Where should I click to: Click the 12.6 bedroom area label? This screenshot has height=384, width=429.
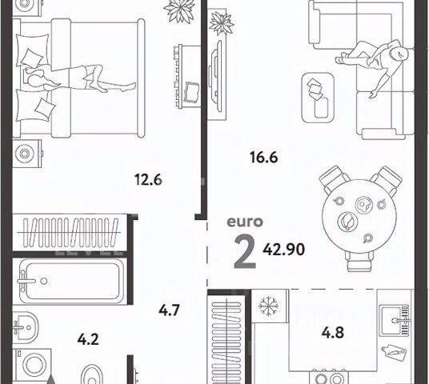coord(148,180)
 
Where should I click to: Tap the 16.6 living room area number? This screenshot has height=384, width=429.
coord(264,158)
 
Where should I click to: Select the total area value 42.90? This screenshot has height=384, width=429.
coord(283,250)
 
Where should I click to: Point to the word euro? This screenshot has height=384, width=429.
coord(245,222)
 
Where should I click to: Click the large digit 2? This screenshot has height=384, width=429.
coord(245,253)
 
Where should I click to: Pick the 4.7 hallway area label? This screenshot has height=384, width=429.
coord(169,310)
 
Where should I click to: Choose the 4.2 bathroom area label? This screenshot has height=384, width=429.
coord(88,340)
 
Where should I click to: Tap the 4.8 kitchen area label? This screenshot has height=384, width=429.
coord(333,333)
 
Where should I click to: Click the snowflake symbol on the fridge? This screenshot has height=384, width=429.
coord(269,306)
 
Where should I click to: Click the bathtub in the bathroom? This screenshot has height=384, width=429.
coord(72,281)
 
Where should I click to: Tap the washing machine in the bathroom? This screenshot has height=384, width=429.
coord(33,365)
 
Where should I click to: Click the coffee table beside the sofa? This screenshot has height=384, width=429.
coord(318,98)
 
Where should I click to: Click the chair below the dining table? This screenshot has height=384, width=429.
coord(359,261)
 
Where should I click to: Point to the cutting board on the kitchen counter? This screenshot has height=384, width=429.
coord(393,353)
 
